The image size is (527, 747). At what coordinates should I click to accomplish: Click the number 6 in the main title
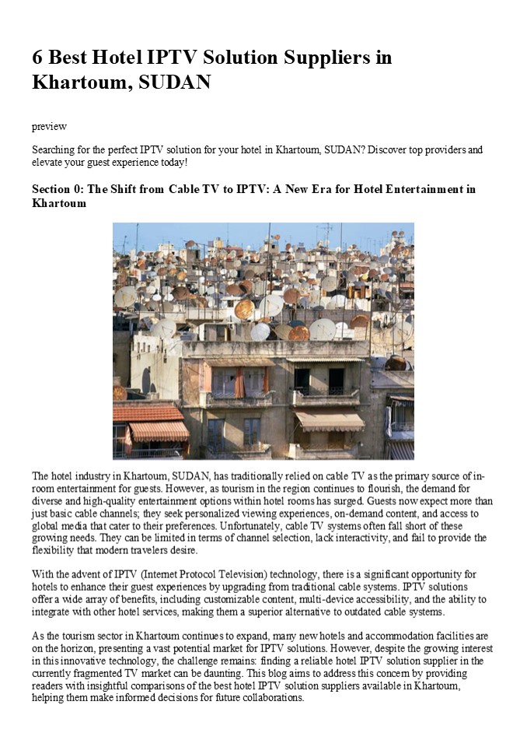[37, 58]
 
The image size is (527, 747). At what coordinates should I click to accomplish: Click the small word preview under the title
[49, 126]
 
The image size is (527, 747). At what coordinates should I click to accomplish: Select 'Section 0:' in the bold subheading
[59, 189]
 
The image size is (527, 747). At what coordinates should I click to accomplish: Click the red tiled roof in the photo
[146, 411]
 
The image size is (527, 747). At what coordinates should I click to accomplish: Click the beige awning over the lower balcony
[330, 421]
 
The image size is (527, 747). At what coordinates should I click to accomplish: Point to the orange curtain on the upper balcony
[239, 383]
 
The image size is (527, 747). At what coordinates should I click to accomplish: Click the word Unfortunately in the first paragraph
[263, 525]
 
